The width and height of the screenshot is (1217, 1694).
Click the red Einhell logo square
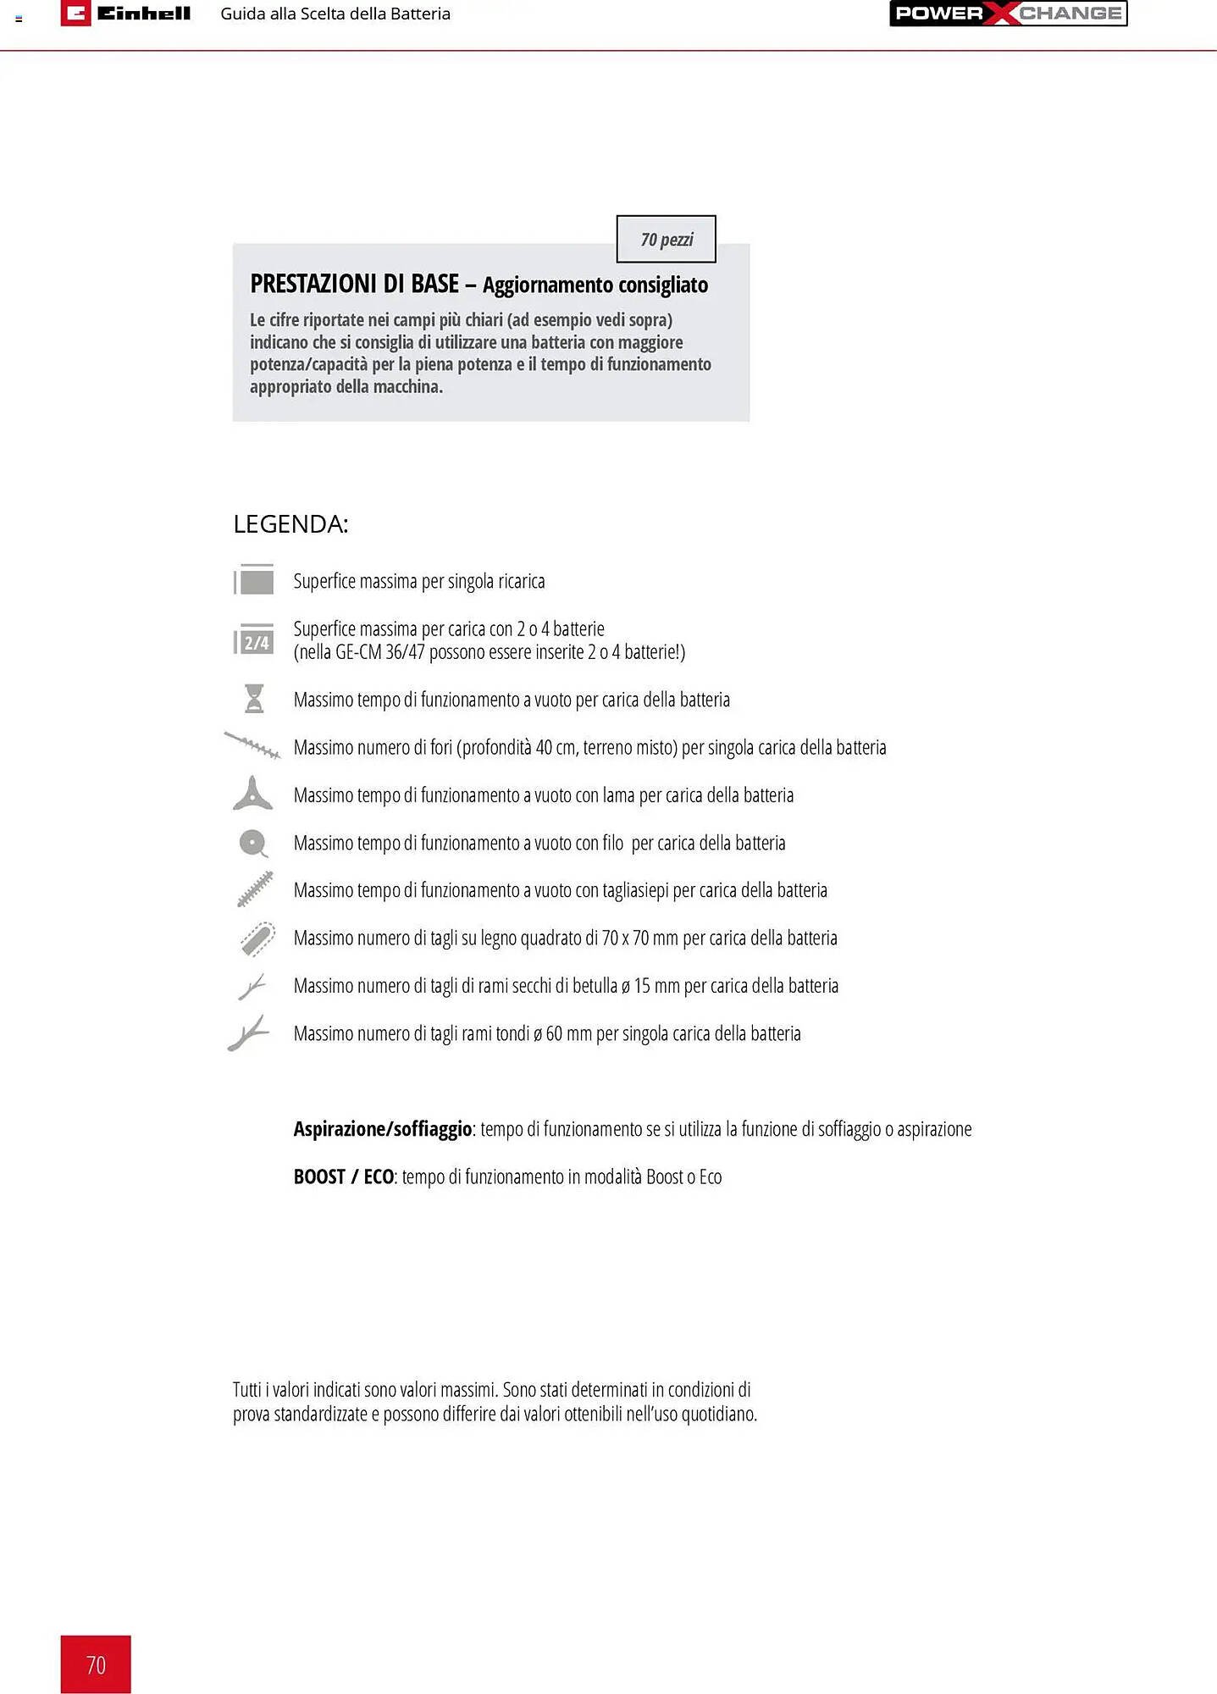(x=75, y=14)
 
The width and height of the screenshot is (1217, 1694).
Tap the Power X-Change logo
(x=1008, y=14)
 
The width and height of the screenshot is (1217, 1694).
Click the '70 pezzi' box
(x=667, y=240)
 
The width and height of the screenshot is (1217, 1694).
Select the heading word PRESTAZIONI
(x=313, y=284)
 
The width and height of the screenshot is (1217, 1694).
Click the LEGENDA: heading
(x=290, y=524)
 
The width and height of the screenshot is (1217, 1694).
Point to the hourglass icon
(x=254, y=699)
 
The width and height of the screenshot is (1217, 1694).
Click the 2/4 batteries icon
(x=254, y=641)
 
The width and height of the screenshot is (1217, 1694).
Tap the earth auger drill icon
(x=252, y=745)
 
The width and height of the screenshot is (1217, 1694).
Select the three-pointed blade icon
(x=253, y=794)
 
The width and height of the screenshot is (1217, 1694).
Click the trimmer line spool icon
(x=253, y=843)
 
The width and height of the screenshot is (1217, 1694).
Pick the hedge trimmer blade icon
(x=255, y=889)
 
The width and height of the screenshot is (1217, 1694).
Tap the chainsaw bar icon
(x=257, y=938)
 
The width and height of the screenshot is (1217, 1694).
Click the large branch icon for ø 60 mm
(x=248, y=1033)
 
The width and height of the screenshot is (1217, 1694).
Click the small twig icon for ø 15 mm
(x=252, y=987)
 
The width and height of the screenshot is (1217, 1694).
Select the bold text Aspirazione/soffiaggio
(x=382, y=1129)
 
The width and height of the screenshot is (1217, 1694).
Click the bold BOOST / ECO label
(x=343, y=1176)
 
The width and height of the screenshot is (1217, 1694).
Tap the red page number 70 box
(x=96, y=1664)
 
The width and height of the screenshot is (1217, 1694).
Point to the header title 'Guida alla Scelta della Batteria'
(x=335, y=14)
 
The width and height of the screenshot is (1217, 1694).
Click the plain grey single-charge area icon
(x=254, y=581)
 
